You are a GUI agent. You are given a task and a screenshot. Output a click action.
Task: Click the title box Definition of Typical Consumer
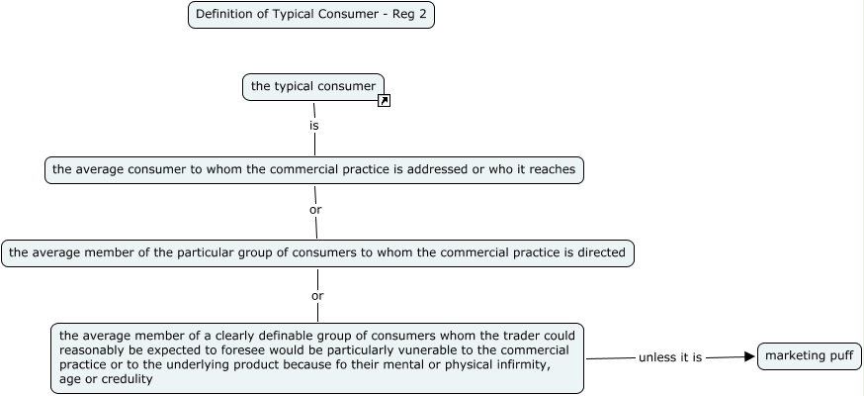310,15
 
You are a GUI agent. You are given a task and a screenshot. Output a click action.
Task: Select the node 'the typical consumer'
312,86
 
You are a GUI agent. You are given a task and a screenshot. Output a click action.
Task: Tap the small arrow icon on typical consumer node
385,100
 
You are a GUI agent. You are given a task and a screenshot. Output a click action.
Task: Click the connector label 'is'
314,126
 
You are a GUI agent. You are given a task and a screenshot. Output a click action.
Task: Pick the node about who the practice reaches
313,169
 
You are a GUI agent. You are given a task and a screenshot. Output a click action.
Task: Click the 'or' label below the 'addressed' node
315,210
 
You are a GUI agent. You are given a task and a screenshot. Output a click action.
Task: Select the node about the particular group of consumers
316,252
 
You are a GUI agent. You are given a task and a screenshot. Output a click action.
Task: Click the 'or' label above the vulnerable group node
317,295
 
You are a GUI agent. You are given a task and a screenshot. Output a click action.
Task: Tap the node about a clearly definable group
316,356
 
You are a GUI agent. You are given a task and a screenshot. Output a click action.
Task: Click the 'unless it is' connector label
670,357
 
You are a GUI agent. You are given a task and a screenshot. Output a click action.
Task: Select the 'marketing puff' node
809,355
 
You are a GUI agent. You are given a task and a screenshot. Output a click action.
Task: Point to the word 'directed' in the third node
599,252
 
